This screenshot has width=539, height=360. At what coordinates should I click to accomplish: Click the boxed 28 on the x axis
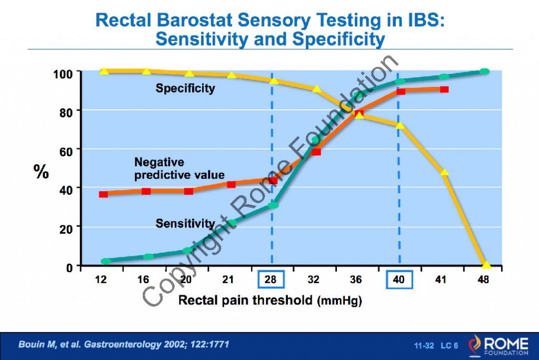point(271,279)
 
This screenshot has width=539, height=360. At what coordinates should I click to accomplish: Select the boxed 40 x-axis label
point(400,279)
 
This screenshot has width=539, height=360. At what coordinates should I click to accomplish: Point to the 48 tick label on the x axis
point(483,279)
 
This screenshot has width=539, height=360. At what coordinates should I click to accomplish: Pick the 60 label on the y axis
point(66,149)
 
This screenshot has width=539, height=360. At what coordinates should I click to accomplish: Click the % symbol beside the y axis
point(42,172)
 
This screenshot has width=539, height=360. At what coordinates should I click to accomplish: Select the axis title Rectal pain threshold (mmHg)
point(271,301)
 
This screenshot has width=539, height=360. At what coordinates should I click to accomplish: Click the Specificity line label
point(185,88)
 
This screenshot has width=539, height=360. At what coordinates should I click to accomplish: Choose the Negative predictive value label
point(179,168)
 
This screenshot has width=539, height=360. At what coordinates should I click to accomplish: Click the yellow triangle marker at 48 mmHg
point(486,265)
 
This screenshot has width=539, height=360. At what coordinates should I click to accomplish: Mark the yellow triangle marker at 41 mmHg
point(444,172)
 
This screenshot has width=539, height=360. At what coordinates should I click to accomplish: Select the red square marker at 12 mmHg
point(103,194)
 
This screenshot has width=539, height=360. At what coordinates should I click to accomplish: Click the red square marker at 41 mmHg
point(444,89)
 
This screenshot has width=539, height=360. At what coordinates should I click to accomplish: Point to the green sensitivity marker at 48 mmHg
point(484,72)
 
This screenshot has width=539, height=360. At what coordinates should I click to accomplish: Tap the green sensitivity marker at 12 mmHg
point(106,261)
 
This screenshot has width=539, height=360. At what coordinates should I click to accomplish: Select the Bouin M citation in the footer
point(124,344)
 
